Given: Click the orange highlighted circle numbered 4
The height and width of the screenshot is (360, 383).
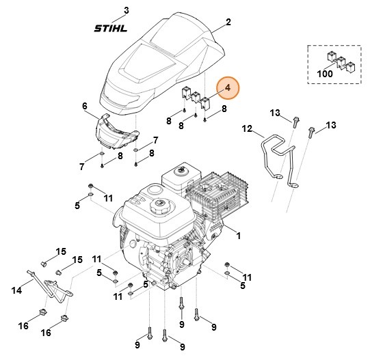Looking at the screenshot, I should point(227,88).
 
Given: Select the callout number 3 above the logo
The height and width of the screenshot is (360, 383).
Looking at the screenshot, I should point(125,10).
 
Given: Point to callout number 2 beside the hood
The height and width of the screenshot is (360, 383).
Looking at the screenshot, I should point(228,23).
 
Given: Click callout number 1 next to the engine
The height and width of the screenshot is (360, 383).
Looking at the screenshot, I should point(239,236).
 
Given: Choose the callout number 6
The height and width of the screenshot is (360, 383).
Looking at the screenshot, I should point(85,106).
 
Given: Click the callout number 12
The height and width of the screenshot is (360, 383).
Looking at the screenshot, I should point(247,128).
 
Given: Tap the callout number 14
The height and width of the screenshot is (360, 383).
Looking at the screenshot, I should point(17,290).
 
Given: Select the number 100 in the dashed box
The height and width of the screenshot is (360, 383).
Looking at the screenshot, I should point(325,72).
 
